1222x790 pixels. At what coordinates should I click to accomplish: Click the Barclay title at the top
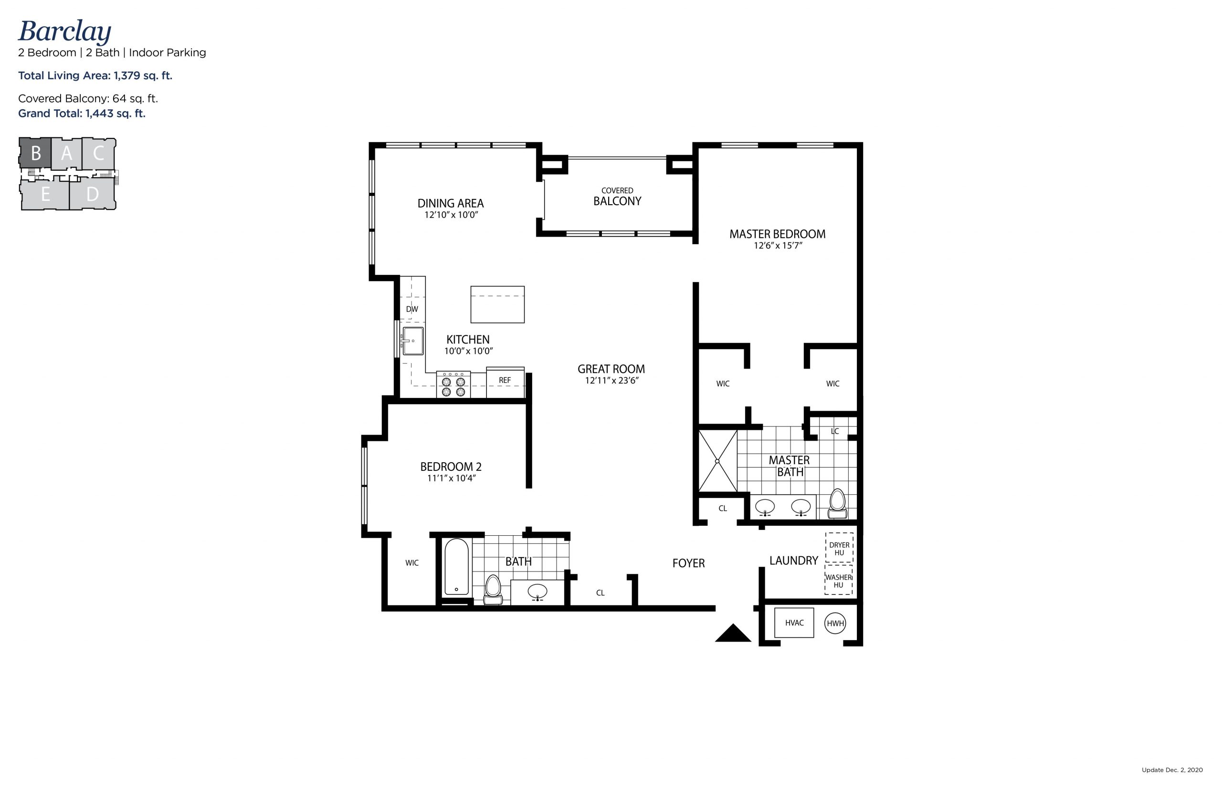click(64, 32)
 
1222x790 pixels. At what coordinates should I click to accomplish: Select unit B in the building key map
click(35, 153)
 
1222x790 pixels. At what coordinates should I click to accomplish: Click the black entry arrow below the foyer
click(732, 634)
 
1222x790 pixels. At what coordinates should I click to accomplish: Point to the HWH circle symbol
click(834, 624)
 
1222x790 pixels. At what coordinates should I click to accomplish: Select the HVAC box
click(793, 623)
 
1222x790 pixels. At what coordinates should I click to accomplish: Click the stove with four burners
click(453, 385)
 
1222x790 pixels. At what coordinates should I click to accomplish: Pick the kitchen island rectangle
click(497, 305)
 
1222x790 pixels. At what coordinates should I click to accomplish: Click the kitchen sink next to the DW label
click(412, 341)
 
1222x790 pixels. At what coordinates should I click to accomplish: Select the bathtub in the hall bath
click(456, 567)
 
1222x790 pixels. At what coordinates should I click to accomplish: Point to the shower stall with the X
click(717, 461)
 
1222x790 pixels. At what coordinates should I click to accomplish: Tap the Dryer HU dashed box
click(839, 548)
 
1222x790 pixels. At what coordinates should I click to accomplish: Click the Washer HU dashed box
click(838, 580)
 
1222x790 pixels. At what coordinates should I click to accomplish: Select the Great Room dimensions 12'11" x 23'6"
click(611, 381)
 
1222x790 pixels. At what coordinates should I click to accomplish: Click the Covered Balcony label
click(617, 197)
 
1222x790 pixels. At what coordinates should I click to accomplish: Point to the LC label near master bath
click(834, 431)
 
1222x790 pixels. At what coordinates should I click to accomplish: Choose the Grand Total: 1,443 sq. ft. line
click(82, 114)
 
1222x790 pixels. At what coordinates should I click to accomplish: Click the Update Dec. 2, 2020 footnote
click(1172, 769)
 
